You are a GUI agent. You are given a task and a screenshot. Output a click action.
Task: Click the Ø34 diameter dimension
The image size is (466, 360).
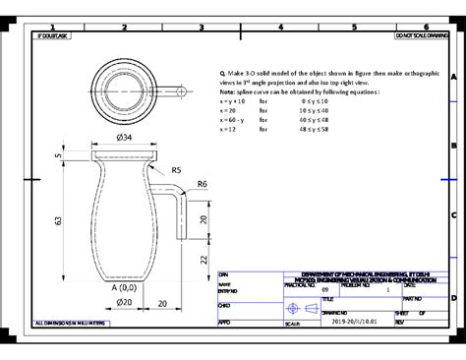click(123, 138)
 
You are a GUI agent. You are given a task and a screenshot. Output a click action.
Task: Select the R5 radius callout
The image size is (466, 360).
click(176, 170)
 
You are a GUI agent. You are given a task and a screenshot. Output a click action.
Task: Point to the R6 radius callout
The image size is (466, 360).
click(202, 184)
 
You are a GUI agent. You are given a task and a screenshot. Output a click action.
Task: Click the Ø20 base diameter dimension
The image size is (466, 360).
click(124, 302)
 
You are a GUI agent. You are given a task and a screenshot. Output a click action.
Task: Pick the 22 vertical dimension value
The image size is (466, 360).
click(204, 259)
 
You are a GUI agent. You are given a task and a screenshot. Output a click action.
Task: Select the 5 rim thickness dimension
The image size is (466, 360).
click(58, 155)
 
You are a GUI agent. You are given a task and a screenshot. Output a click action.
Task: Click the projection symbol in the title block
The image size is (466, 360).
click(312, 309)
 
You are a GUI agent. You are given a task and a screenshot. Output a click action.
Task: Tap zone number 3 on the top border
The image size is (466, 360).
click(201, 27)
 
